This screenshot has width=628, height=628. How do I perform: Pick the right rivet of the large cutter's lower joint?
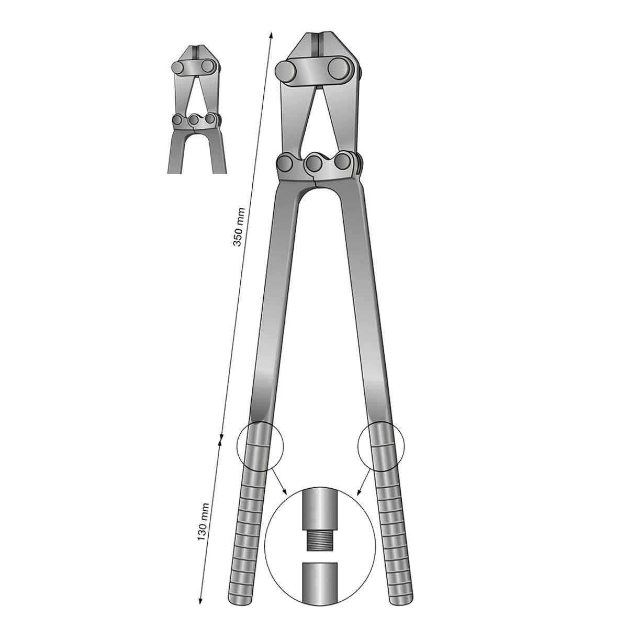pos(343,162)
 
